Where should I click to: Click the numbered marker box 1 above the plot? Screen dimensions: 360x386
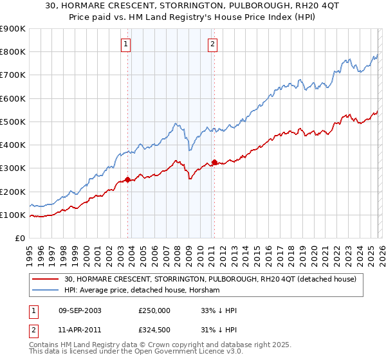(125, 44)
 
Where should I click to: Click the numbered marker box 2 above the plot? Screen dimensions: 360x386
(212, 44)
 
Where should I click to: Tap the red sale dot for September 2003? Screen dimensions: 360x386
(128, 179)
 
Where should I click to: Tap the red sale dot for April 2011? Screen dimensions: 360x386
(214, 162)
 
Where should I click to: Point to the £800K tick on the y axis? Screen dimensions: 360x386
(13, 52)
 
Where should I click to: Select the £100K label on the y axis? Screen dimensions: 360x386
(13, 215)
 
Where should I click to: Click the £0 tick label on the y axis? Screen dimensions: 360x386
(19, 238)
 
